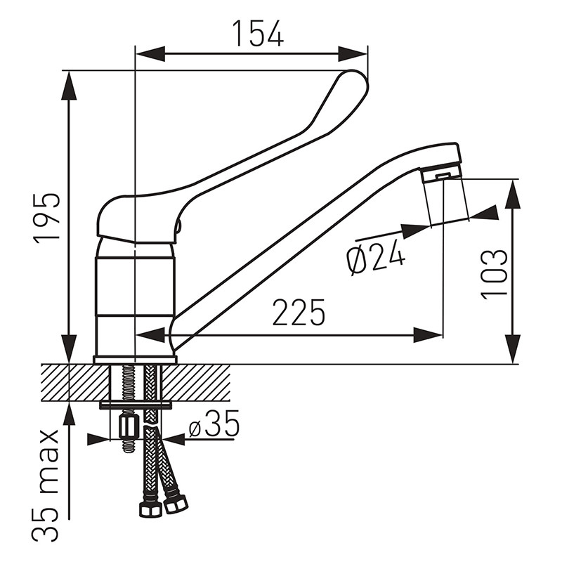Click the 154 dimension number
point(258,33)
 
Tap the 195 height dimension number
point(46,219)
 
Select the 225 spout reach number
point(299,312)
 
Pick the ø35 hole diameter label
point(214,424)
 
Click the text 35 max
point(45,486)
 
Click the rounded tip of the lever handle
point(355,82)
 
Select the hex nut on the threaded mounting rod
point(127,427)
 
